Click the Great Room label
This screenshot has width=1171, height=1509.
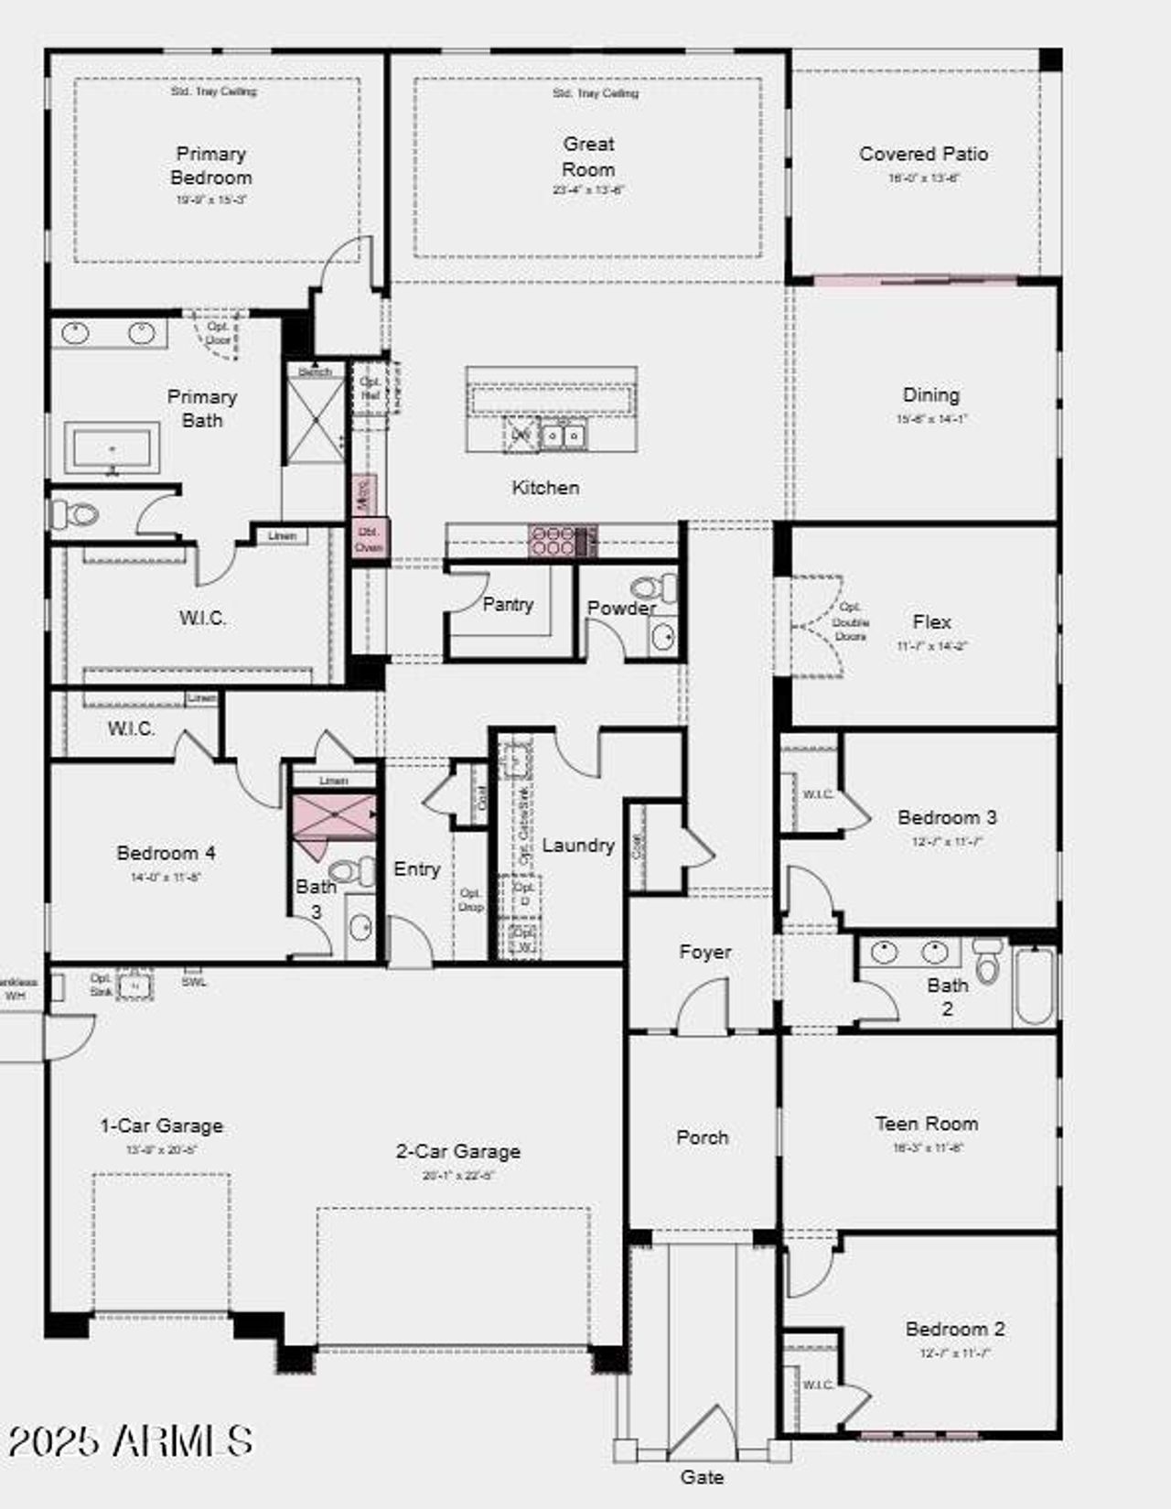[588, 156]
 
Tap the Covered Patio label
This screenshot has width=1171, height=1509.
[923, 154]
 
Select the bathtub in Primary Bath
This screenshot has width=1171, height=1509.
[113, 448]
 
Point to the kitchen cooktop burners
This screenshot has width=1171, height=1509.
[553, 540]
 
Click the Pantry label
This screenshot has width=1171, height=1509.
[508, 604]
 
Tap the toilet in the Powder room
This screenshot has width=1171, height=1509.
[655, 587]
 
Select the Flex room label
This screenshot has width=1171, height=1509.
[931, 621]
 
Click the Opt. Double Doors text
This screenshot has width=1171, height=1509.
[850, 621]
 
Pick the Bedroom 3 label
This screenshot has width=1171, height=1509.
[946, 817]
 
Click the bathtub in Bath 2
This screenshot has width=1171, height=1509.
[1035, 985]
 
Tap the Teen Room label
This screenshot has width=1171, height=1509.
[926, 1123]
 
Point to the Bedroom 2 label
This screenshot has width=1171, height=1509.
[954, 1328]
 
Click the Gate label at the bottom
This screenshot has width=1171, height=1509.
[702, 1476]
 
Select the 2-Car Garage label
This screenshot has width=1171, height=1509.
[457, 1151]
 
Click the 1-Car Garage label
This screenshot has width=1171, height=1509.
[161, 1126]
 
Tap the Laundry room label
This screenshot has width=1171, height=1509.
[577, 845]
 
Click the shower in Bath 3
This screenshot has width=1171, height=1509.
[333, 816]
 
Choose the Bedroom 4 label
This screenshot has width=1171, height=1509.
[166, 853]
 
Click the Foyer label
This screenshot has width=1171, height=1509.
[704, 952]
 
